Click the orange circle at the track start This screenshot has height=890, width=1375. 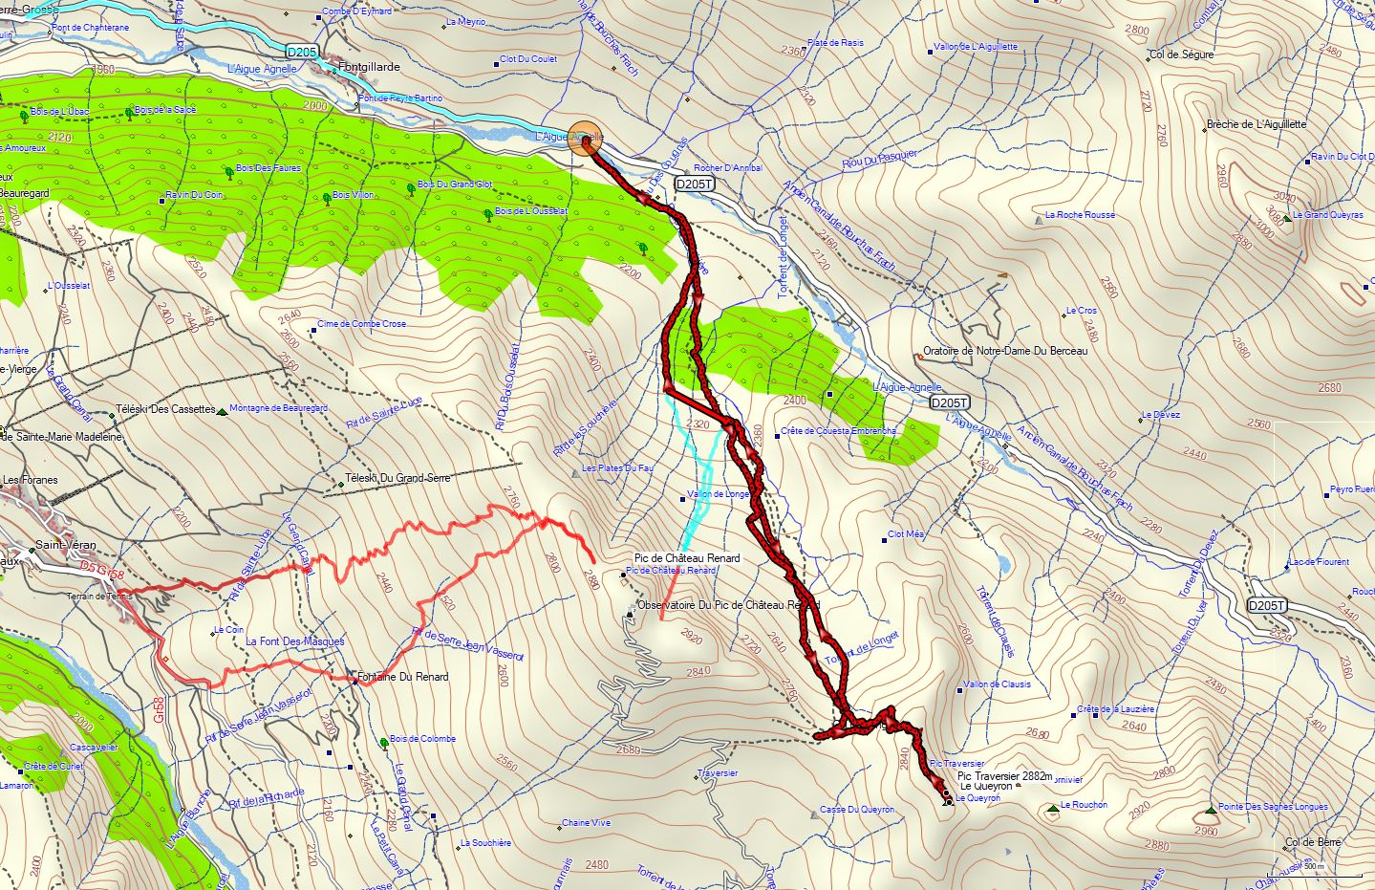(585, 139)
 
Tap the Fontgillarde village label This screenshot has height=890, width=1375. (370, 68)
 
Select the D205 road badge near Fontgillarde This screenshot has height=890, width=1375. (301, 51)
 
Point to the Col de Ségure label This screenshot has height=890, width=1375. (1182, 54)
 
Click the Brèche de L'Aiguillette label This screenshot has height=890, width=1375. (1256, 124)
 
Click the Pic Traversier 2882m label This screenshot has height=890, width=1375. (1004, 776)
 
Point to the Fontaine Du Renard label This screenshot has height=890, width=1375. (402, 677)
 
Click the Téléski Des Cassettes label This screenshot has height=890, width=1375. (165, 409)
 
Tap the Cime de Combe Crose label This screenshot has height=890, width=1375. (361, 324)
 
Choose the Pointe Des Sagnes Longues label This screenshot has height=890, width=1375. (1273, 807)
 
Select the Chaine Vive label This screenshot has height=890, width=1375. (586, 823)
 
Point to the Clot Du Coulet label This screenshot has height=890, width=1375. (528, 59)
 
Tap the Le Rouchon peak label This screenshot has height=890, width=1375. (1084, 805)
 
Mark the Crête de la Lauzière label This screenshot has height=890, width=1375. (1116, 709)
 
